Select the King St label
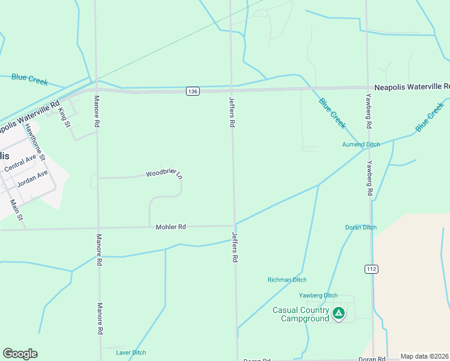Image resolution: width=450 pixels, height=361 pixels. coord(64,116)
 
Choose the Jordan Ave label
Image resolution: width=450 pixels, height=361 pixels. coord(32,178)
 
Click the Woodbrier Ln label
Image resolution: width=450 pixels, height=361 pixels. coord(164,174)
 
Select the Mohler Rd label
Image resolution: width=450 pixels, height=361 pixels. coord(171,227)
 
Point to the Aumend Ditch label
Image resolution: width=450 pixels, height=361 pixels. coord(361,145)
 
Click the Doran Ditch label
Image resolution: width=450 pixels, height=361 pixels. coord(361,227)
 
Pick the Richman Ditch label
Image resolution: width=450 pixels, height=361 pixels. coord(287,280)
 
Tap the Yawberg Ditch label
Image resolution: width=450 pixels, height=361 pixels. coord(318,295)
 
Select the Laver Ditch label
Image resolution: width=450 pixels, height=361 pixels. coord(131,353)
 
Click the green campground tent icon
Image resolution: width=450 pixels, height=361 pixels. coord(339,313)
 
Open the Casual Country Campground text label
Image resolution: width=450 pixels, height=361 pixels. coord(301,314)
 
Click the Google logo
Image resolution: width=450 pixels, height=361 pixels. coord(20,354)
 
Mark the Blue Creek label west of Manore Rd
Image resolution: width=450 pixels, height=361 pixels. coord(29,79)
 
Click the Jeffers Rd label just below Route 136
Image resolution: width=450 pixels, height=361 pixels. coord(231,111)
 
